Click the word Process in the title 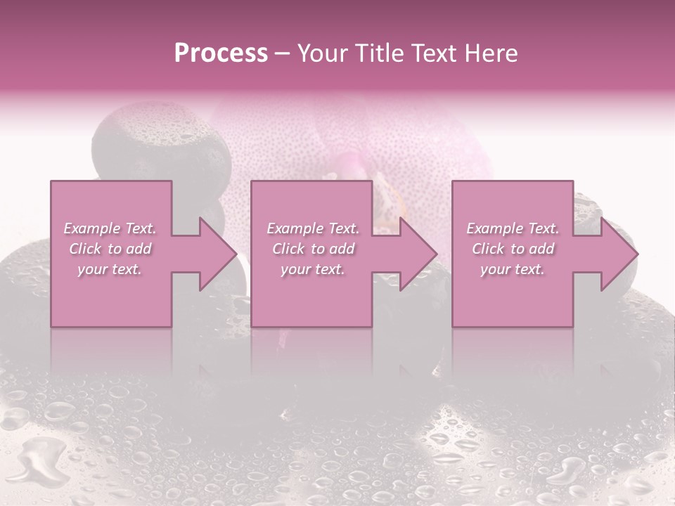click(221, 53)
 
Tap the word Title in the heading click(382, 53)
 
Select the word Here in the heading click(492, 53)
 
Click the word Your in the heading click(324, 53)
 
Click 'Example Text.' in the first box click(110, 228)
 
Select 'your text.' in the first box click(110, 269)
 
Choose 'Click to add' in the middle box click(313, 249)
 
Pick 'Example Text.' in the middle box click(313, 228)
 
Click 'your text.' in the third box click(513, 269)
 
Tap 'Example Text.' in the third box click(513, 228)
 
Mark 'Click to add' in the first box click(110, 249)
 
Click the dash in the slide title click(283, 53)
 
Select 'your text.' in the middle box click(313, 269)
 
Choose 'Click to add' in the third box click(513, 249)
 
